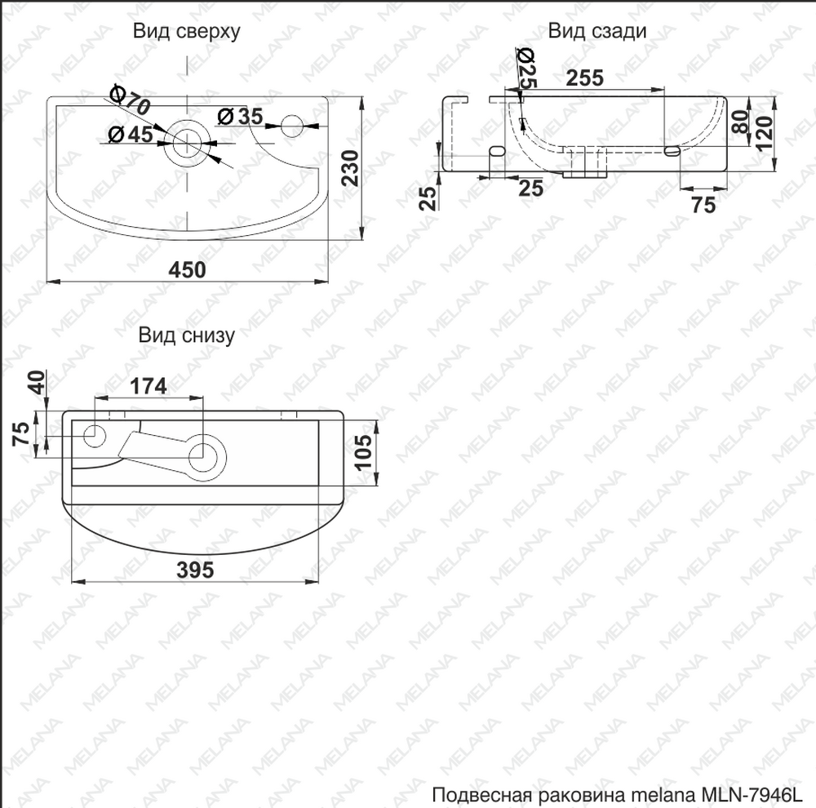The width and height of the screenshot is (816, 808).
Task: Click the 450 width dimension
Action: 188,269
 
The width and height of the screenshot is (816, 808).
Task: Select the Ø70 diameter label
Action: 131,100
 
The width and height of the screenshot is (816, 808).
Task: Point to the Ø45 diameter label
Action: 131,135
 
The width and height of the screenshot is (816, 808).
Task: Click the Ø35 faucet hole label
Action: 241,117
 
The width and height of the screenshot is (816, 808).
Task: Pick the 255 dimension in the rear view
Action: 585,78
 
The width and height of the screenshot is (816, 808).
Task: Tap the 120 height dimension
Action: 765,133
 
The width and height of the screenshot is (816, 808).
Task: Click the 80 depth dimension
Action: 740,122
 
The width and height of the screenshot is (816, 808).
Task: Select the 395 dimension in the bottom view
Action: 195,570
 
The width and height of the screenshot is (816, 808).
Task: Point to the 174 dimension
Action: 149,386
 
